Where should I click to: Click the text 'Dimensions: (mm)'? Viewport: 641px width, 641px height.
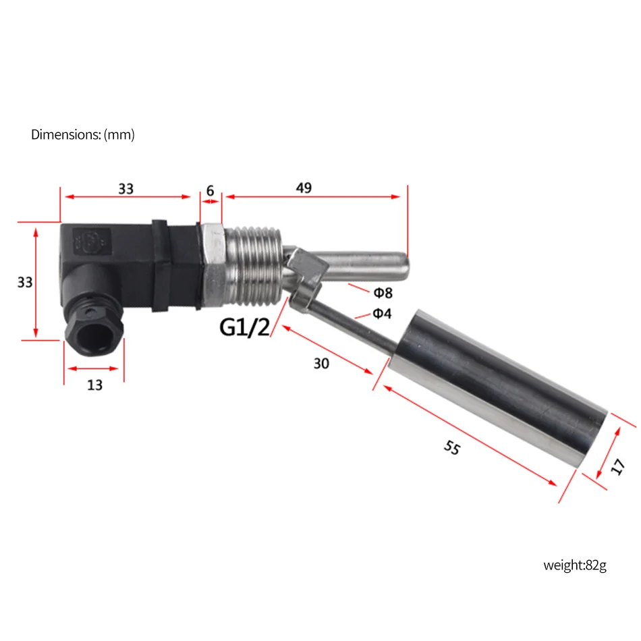(83, 135)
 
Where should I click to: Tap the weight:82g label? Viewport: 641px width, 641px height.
(575, 565)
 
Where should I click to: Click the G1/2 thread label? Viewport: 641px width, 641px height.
(244, 328)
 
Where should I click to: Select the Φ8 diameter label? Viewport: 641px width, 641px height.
(383, 292)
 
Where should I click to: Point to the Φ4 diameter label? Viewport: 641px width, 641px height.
(383, 313)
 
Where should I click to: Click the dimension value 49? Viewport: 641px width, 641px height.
(304, 188)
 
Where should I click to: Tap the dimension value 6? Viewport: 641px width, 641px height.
(210, 191)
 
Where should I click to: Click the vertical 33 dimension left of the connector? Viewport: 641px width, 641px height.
(25, 283)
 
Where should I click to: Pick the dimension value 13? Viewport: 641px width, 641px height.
(94, 385)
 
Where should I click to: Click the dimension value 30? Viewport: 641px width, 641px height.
(321, 364)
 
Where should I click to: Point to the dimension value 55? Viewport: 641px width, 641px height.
(452, 447)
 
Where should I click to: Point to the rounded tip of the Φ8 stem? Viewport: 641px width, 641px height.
(402, 267)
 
